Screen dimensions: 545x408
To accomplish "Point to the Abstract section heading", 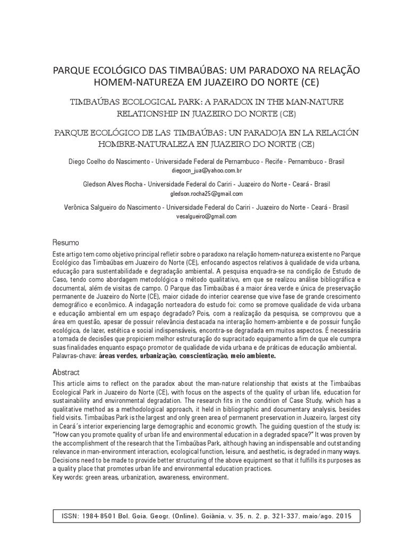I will pyautogui.click(x=66, y=372).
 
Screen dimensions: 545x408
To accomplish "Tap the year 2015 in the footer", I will pyautogui.click(x=345, y=516).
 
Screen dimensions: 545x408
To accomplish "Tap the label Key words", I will pyautogui.click(x=69, y=477).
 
